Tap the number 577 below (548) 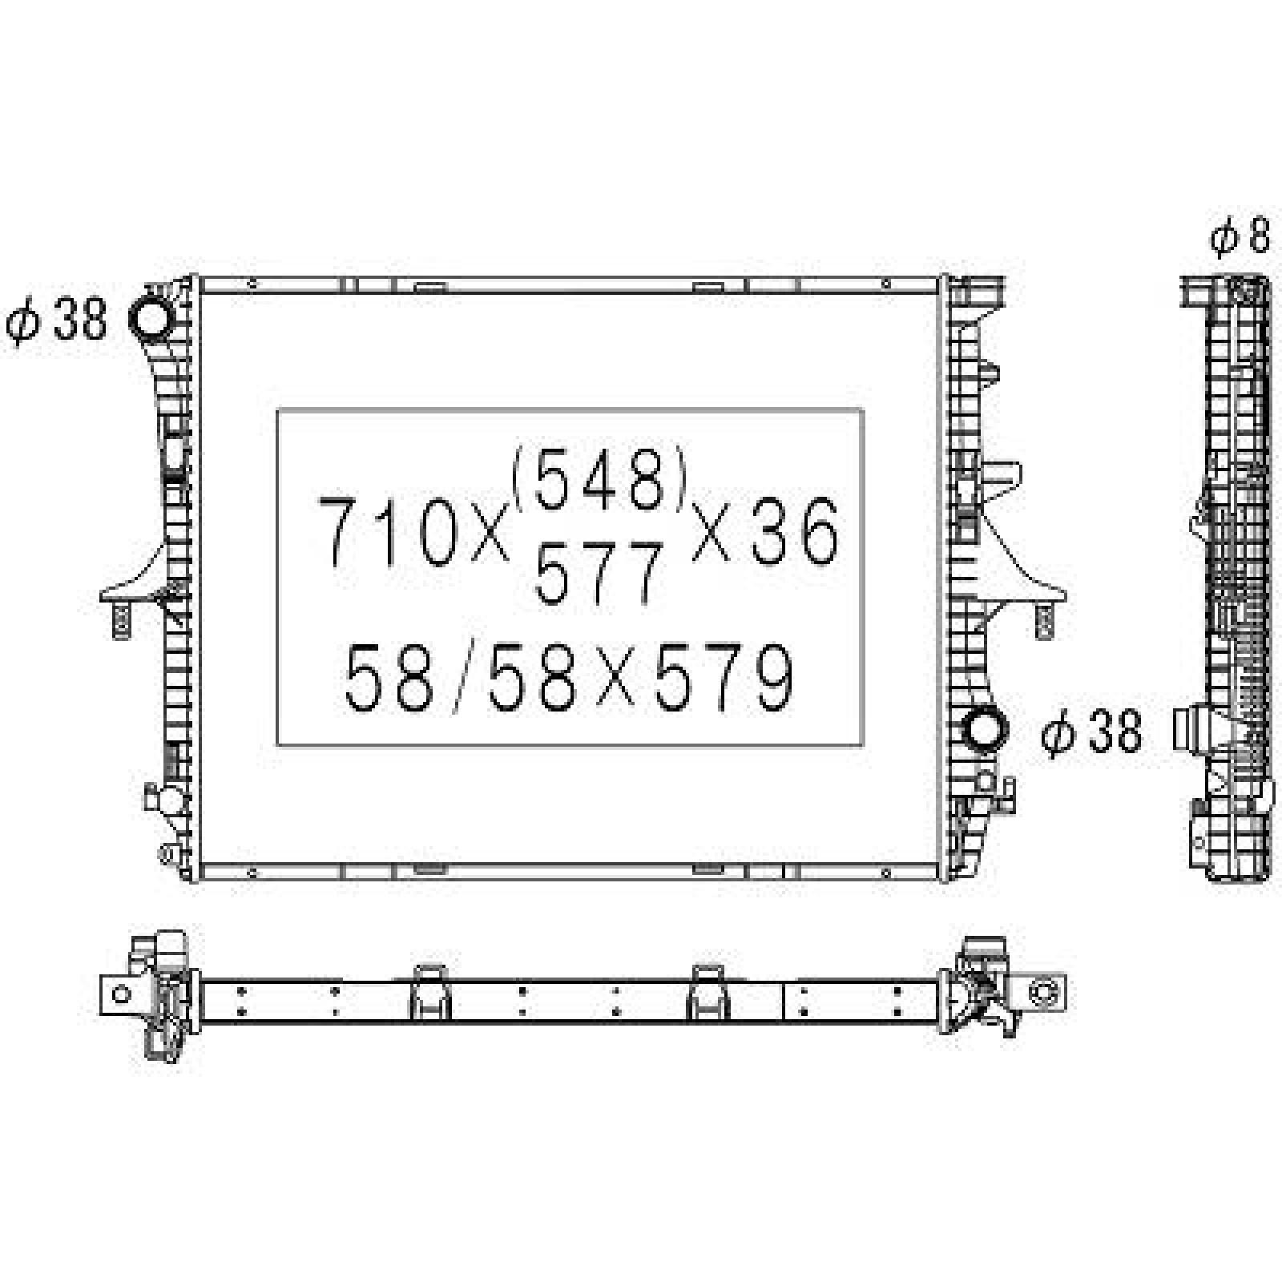tap(599, 572)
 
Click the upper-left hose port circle tap(151, 320)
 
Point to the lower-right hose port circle tap(983, 731)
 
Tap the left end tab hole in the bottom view tap(121, 994)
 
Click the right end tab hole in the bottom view tap(1044, 994)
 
